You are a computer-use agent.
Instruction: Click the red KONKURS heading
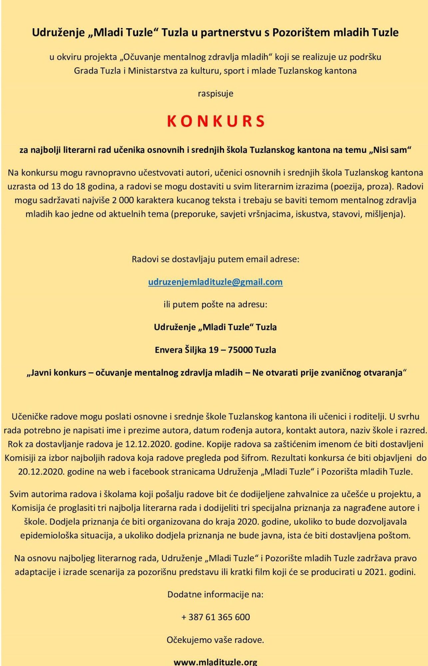(215, 121)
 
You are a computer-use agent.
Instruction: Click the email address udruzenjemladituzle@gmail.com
(215, 282)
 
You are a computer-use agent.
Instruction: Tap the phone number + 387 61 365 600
(215, 617)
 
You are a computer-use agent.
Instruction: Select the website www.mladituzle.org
(215, 662)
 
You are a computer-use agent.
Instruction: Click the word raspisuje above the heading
(215, 94)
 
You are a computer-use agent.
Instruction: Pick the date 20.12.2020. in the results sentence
(41, 472)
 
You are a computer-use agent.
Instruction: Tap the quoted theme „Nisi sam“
(390, 150)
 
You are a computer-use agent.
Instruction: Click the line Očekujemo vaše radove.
(215, 640)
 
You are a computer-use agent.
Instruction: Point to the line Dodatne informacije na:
(215, 594)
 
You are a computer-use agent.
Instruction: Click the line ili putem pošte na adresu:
(215, 304)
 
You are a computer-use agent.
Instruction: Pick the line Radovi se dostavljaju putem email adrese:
(215, 259)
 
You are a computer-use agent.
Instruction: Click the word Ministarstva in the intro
(153, 71)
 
